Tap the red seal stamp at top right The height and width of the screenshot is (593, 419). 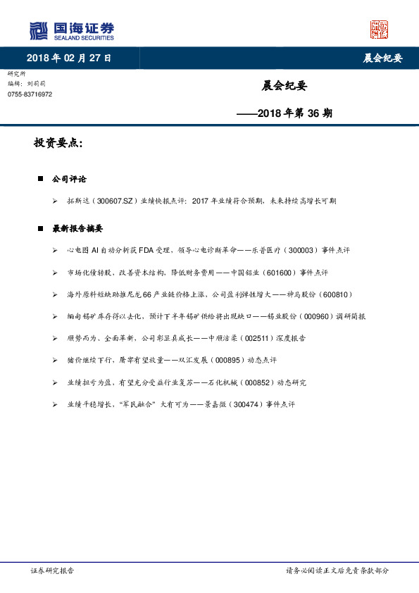click(x=379, y=30)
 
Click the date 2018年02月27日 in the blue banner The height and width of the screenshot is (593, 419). click(x=69, y=58)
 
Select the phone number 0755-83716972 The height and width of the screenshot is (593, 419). click(x=30, y=94)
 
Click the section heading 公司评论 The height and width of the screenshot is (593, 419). click(x=69, y=179)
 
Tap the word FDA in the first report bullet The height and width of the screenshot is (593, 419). click(x=156, y=250)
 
